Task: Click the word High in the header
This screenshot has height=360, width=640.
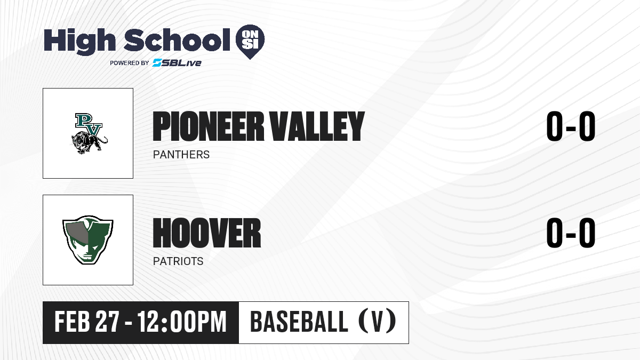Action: click(x=79, y=42)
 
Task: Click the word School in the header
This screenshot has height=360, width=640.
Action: click(x=177, y=40)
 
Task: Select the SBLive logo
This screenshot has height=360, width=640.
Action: click(x=177, y=63)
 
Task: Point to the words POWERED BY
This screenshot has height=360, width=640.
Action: click(x=130, y=63)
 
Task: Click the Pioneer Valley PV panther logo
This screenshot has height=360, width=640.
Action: click(x=90, y=133)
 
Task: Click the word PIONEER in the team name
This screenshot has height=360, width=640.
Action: click(x=209, y=126)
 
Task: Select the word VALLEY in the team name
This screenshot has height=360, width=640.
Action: click(x=317, y=126)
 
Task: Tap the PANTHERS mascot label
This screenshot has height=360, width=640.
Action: click(x=181, y=155)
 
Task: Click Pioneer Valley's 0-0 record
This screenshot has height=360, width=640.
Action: click(x=571, y=126)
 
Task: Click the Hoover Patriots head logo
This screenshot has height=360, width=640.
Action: click(x=88, y=240)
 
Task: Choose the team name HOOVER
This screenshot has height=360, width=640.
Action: click(x=207, y=233)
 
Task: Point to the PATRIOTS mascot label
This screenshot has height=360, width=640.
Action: click(x=178, y=261)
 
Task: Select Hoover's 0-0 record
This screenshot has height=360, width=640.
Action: click(x=571, y=233)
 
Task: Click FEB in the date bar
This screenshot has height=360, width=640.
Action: click(x=73, y=322)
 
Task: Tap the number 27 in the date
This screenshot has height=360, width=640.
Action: click(x=107, y=322)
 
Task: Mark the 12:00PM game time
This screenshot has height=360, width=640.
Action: click(x=182, y=322)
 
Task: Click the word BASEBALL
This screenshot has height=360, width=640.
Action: click(x=299, y=322)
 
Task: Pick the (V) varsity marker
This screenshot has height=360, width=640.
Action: click(x=377, y=322)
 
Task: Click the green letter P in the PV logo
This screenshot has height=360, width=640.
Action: click(x=82, y=121)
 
